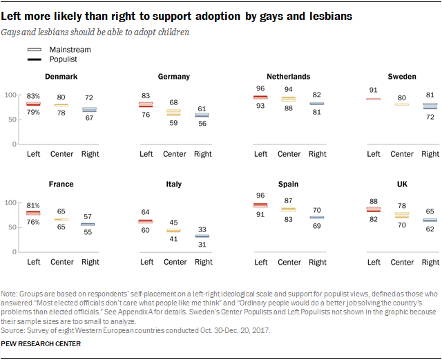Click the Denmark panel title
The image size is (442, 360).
pos(60,77)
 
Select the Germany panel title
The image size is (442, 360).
pos(173,77)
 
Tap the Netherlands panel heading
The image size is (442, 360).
pos(288,76)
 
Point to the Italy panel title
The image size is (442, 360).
pos(174,184)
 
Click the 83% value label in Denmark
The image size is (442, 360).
pos(33,95)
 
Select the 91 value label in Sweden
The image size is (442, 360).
pos(374,89)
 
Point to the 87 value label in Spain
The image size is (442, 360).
pos(289,200)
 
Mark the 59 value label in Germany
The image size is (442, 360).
pos(175,122)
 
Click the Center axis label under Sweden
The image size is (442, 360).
pos(402,154)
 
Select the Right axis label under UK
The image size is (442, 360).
pos(430,262)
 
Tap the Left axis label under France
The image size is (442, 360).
pos(33,262)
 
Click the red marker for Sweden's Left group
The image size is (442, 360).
pos(374,99)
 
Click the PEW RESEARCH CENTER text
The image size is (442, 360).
pos(41,343)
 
